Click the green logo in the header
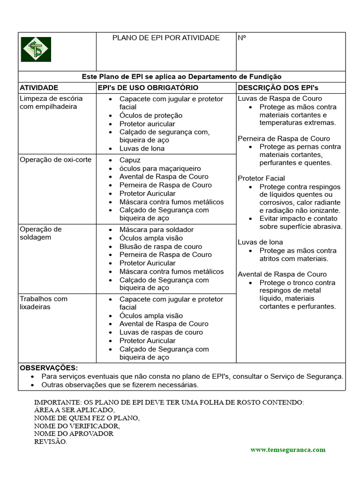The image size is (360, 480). [x=36, y=49]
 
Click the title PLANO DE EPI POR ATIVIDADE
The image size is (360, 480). [x=166, y=38]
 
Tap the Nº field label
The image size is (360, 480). [x=242, y=38]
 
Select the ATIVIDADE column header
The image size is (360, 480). [x=39, y=88]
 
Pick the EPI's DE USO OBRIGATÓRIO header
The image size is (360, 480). [x=148, y=88]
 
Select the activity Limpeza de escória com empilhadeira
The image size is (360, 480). [x=51, y=103]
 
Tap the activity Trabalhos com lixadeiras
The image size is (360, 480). [x=44, y=303]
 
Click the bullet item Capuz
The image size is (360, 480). [x=130, y=160]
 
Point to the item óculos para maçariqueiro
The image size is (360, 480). [x=160, y=168]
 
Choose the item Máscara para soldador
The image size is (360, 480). [x=156, y=230]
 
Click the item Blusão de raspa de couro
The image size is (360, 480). [x=161, y=247]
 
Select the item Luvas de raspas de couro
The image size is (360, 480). [x=161, y=332]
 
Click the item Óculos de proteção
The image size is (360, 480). [x=151, y=115]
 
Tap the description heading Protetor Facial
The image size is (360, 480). [x=261, y=179]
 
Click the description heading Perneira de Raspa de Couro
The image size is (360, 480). [x=284, y=139]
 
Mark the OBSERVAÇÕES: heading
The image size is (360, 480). [x=49, y=368]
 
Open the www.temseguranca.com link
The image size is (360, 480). [x=288, y=450]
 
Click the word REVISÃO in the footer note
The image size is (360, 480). [x=51, y=442]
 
